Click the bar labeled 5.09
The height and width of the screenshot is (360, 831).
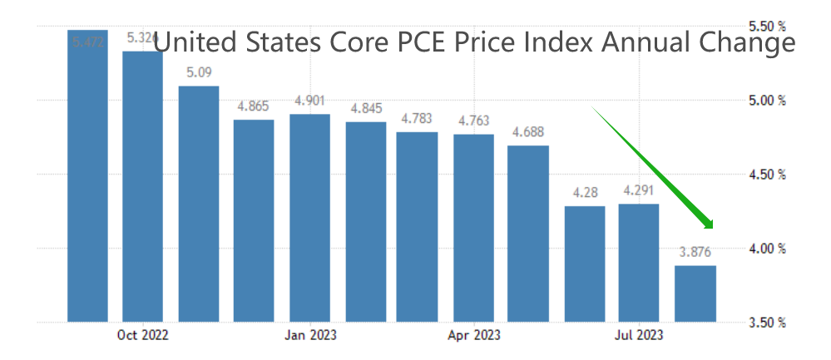(x=198, y=204)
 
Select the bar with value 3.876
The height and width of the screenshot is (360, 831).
(x=695, y=293)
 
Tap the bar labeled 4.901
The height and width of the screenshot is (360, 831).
(x=309, y=218)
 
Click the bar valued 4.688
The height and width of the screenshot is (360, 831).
(x=528, y=234)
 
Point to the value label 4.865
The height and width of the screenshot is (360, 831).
(x=254, y=106)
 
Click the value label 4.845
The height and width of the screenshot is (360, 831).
(x=366, y=108)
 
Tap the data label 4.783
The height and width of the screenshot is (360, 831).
(x=418, y=118)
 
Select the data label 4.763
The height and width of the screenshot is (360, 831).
(x=473, y=121)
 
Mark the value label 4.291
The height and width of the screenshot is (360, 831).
(x=639, y=190)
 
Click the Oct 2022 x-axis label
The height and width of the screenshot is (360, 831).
(x=142, y=336)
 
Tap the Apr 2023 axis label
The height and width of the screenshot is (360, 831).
(x=473, y=336)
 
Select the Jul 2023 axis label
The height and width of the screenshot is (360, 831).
(x=639, y=336)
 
